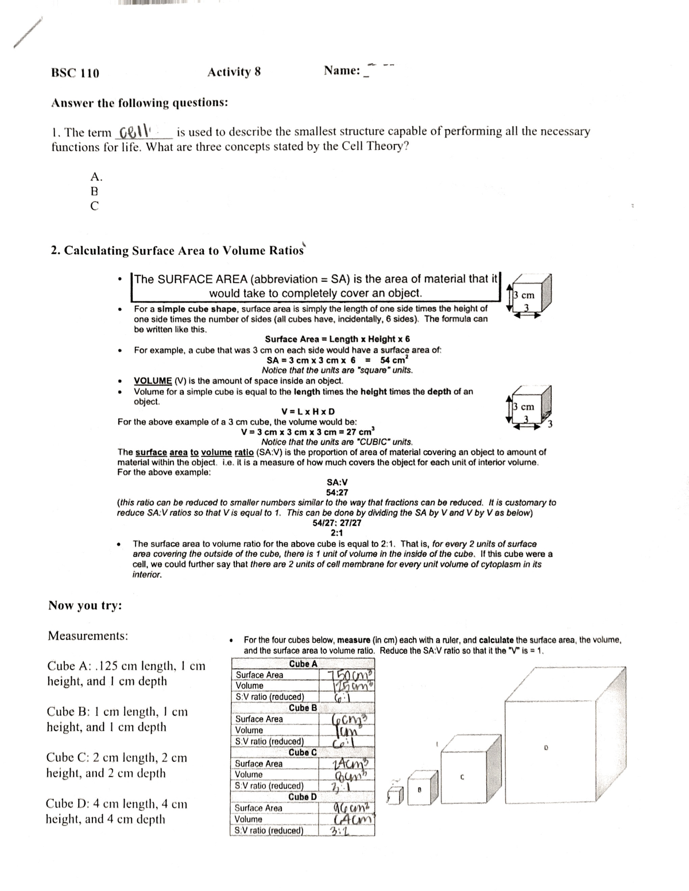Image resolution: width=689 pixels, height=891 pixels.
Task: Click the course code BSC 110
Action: [x=75, y=73]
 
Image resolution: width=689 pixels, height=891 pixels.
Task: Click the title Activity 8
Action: [x=234, y=72]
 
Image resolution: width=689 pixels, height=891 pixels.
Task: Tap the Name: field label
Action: [x=342, y=71]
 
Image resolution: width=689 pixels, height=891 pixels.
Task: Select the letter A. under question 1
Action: [x=96, y=176]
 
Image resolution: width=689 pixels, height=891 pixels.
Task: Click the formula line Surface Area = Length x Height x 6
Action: [x=337, y=339]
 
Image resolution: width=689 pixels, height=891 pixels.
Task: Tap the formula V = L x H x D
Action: [x=308, y=412]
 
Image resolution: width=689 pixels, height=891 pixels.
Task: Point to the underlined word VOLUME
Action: [x=153, y=381]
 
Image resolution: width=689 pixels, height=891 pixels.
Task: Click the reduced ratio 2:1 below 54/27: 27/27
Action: [x=337, y=532]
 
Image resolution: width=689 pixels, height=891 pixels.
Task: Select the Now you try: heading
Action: [x=85, y=606]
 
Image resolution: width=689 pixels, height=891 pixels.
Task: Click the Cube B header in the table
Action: [x=303, y=708]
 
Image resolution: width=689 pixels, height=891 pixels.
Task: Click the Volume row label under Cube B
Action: [x=249, y=730]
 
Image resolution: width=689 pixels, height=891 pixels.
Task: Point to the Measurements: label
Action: [x=88, y=636]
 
